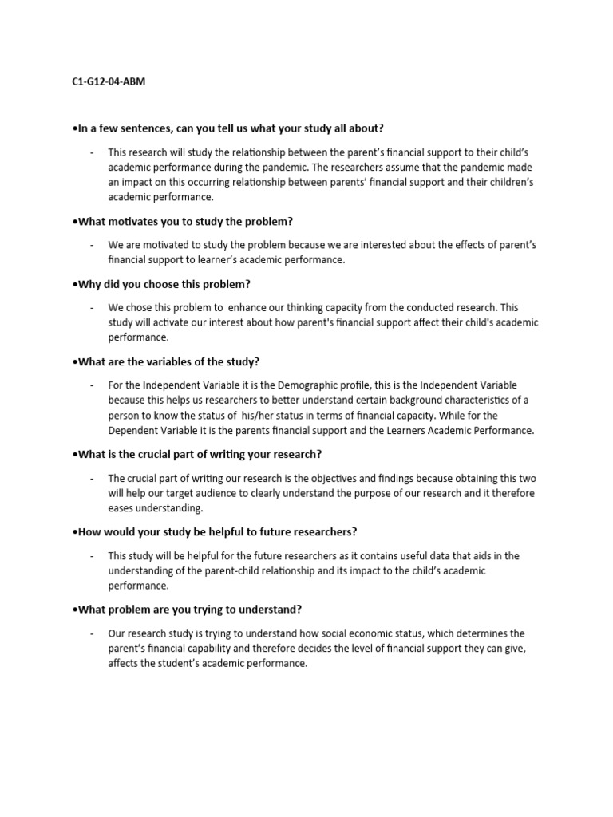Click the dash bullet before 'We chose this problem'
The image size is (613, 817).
(x=92, y=307)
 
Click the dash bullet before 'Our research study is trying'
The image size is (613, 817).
(x=92, y=633)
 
